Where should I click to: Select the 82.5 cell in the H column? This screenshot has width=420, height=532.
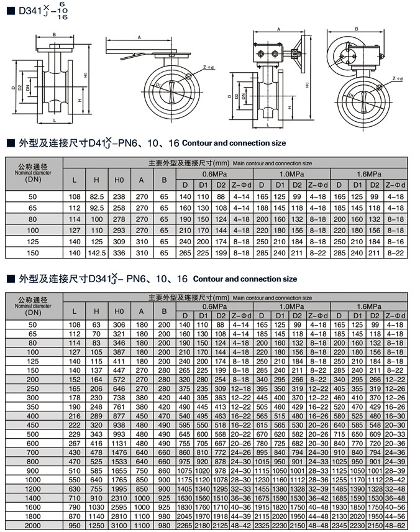click(x=96, y=196)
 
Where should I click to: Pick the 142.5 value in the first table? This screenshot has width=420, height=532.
click(x=96, y=252)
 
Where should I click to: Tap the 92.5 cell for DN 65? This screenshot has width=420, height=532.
click(x=96, y=208)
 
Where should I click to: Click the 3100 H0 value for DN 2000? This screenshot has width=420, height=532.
click(x=119, y=526)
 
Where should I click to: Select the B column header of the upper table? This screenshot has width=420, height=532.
click(x=164, y=180)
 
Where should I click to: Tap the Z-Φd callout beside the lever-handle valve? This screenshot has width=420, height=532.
click(x=209, y=66)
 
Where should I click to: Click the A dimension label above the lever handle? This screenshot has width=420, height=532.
click(x=139, y=37)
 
